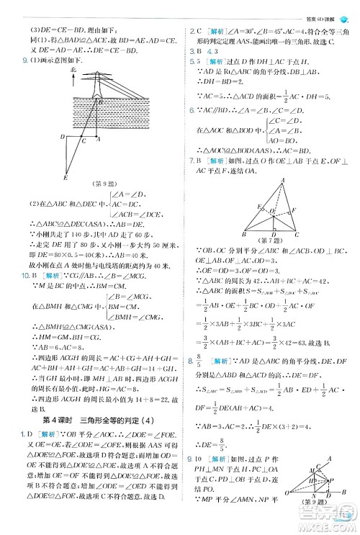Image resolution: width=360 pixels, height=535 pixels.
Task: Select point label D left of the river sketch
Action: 63,135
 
